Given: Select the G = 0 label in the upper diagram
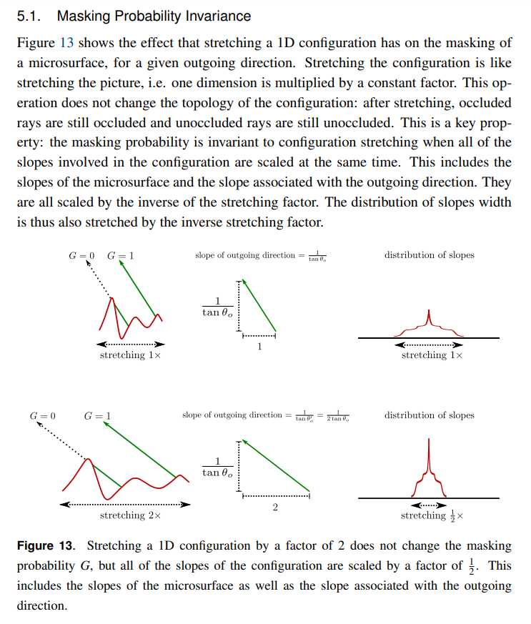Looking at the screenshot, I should coord(81,255).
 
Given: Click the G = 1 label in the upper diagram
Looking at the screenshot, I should coord(120,255).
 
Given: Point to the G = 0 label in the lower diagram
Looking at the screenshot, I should coord(43,415).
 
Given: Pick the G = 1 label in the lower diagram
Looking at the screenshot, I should coord(97,415).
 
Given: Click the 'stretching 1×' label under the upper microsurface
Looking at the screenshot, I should coord(130,355).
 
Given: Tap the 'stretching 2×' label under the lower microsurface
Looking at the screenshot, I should coord(131,515).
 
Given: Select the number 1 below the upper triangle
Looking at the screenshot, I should coord(259,347).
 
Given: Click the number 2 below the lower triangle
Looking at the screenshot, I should coord(276,507).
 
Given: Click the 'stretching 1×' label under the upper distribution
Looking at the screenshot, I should coord(432,355).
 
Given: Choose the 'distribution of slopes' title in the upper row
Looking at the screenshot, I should coord(429,255).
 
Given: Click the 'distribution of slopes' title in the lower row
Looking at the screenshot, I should coord(429,415).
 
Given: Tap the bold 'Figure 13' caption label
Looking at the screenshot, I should coord(46,546).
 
